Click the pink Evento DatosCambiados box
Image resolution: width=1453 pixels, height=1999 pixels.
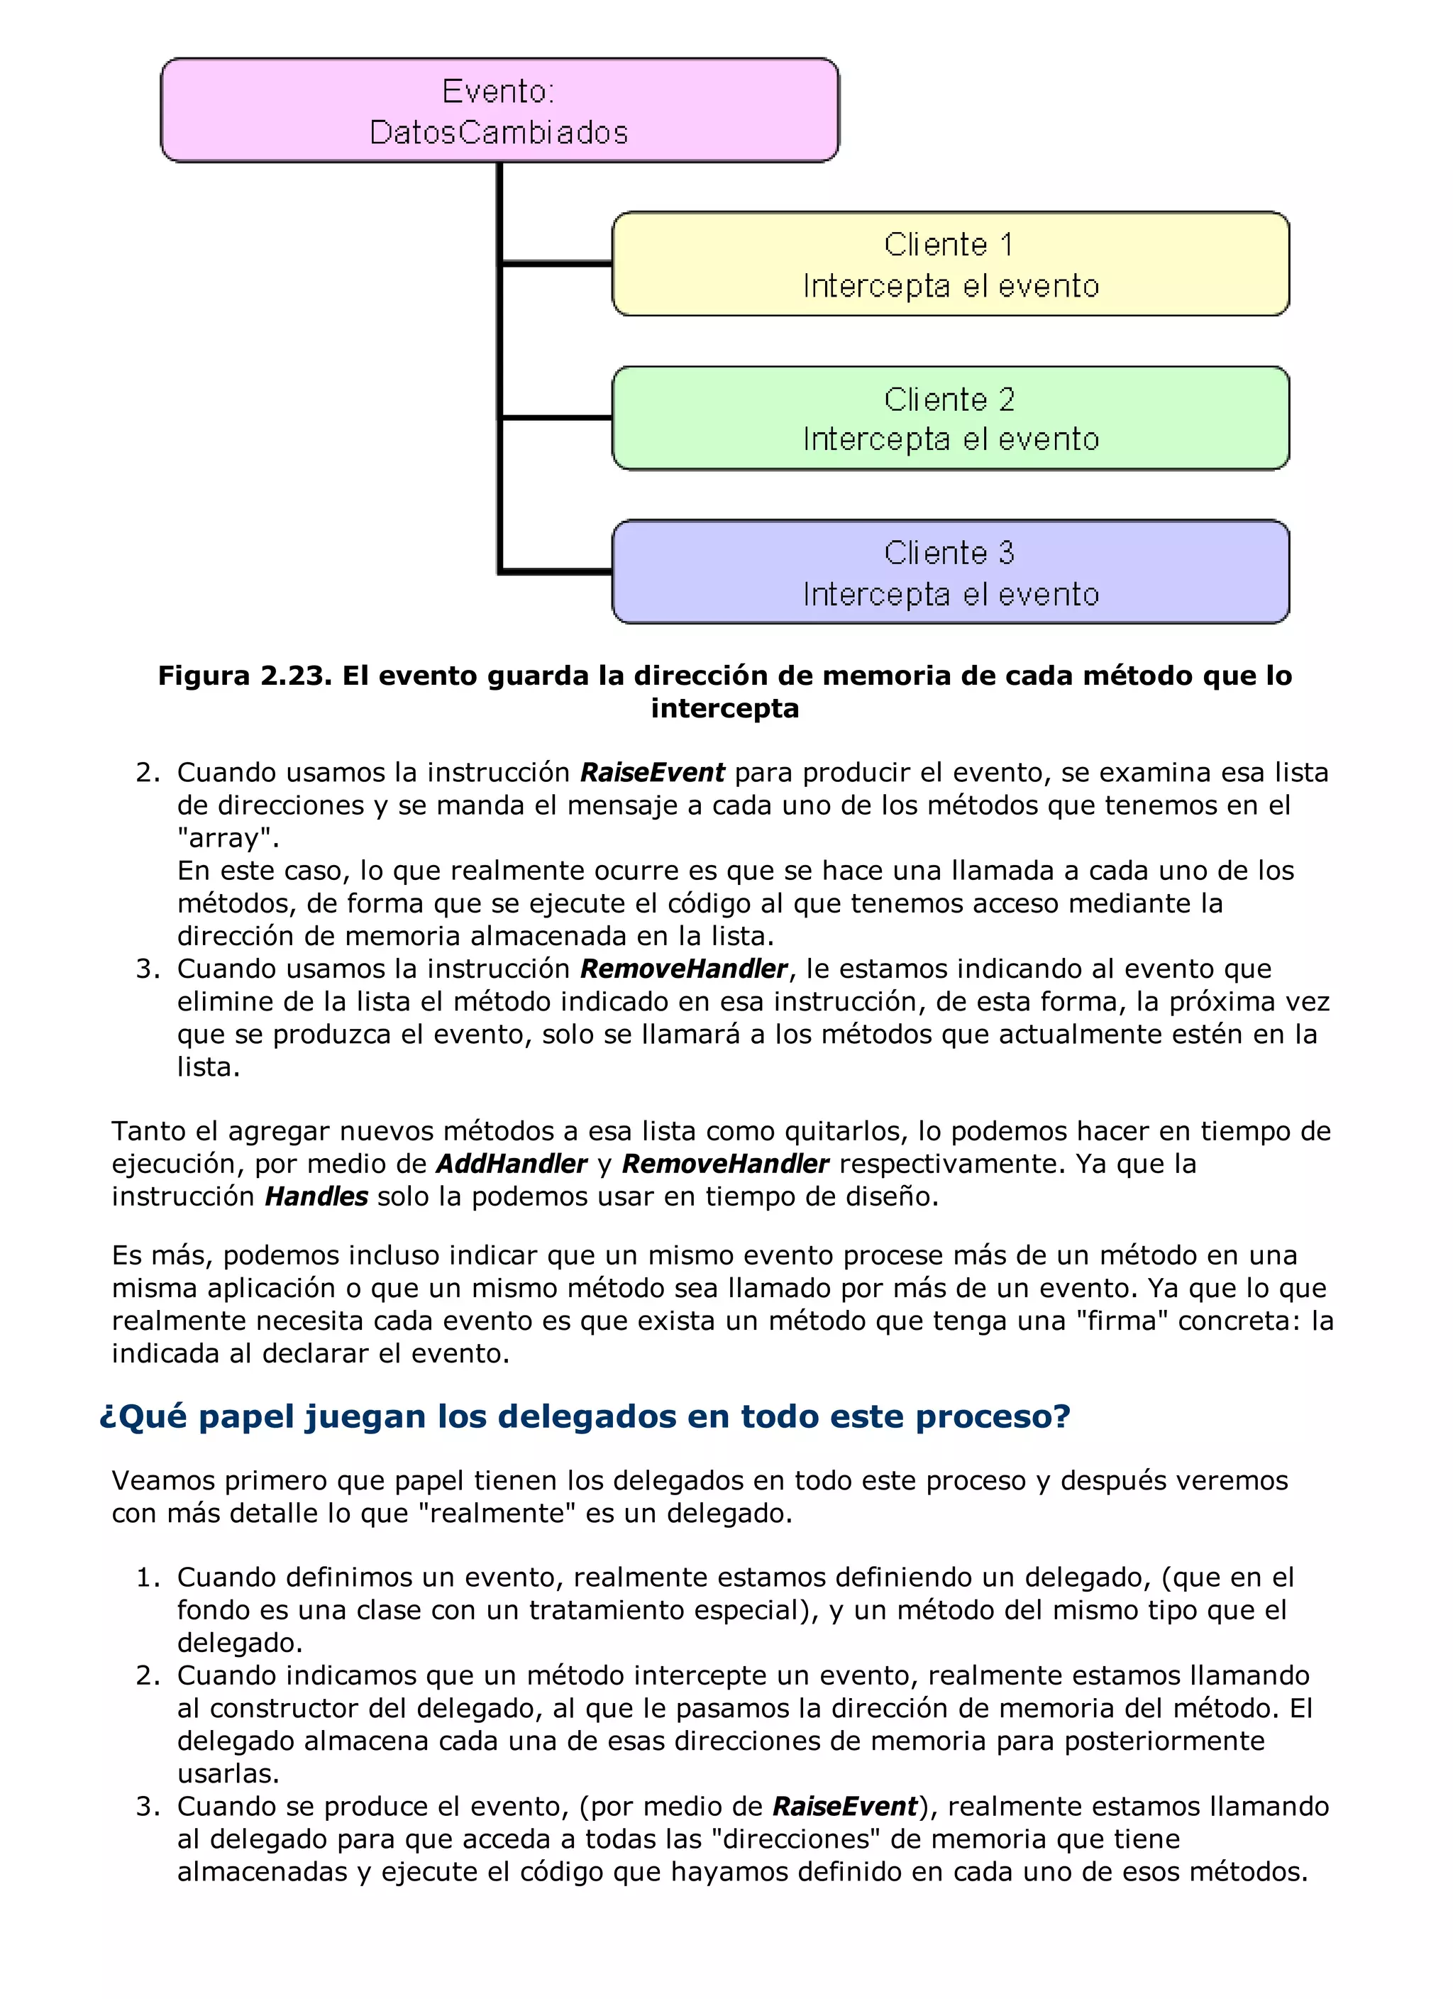499,111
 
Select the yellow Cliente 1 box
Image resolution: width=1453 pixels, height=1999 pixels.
950,265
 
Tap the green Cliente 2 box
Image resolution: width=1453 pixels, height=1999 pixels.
950,419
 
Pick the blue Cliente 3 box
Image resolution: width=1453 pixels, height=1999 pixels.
950,573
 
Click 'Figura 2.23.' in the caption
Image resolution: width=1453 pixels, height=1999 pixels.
244,676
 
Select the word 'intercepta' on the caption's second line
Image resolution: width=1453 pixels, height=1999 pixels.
724,709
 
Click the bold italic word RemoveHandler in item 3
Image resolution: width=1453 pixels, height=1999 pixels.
683,969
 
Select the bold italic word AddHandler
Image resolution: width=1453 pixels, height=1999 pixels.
511,1164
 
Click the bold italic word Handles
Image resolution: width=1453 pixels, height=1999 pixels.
316,1197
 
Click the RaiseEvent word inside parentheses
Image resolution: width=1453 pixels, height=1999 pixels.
845,1807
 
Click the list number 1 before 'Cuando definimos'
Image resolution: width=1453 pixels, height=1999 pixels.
146,1577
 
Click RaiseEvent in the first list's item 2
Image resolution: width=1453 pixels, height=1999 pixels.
652,773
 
